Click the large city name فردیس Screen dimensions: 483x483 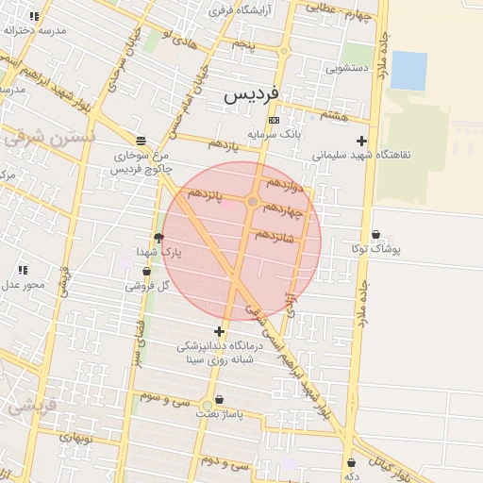[x=252, y=95]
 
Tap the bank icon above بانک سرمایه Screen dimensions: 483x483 [x=274, y=121]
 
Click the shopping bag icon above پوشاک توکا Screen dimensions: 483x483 [x=376, y=235]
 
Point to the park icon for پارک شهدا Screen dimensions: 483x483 [x=158, y=238]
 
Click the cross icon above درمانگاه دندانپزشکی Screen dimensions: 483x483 [x=220, y=331]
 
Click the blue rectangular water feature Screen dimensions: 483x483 [x=408, y=71]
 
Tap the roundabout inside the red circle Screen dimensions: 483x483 [x=252, y=202]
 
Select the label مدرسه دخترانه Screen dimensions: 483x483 [x=36, y=30]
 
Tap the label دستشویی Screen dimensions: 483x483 [x=346, y=68]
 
